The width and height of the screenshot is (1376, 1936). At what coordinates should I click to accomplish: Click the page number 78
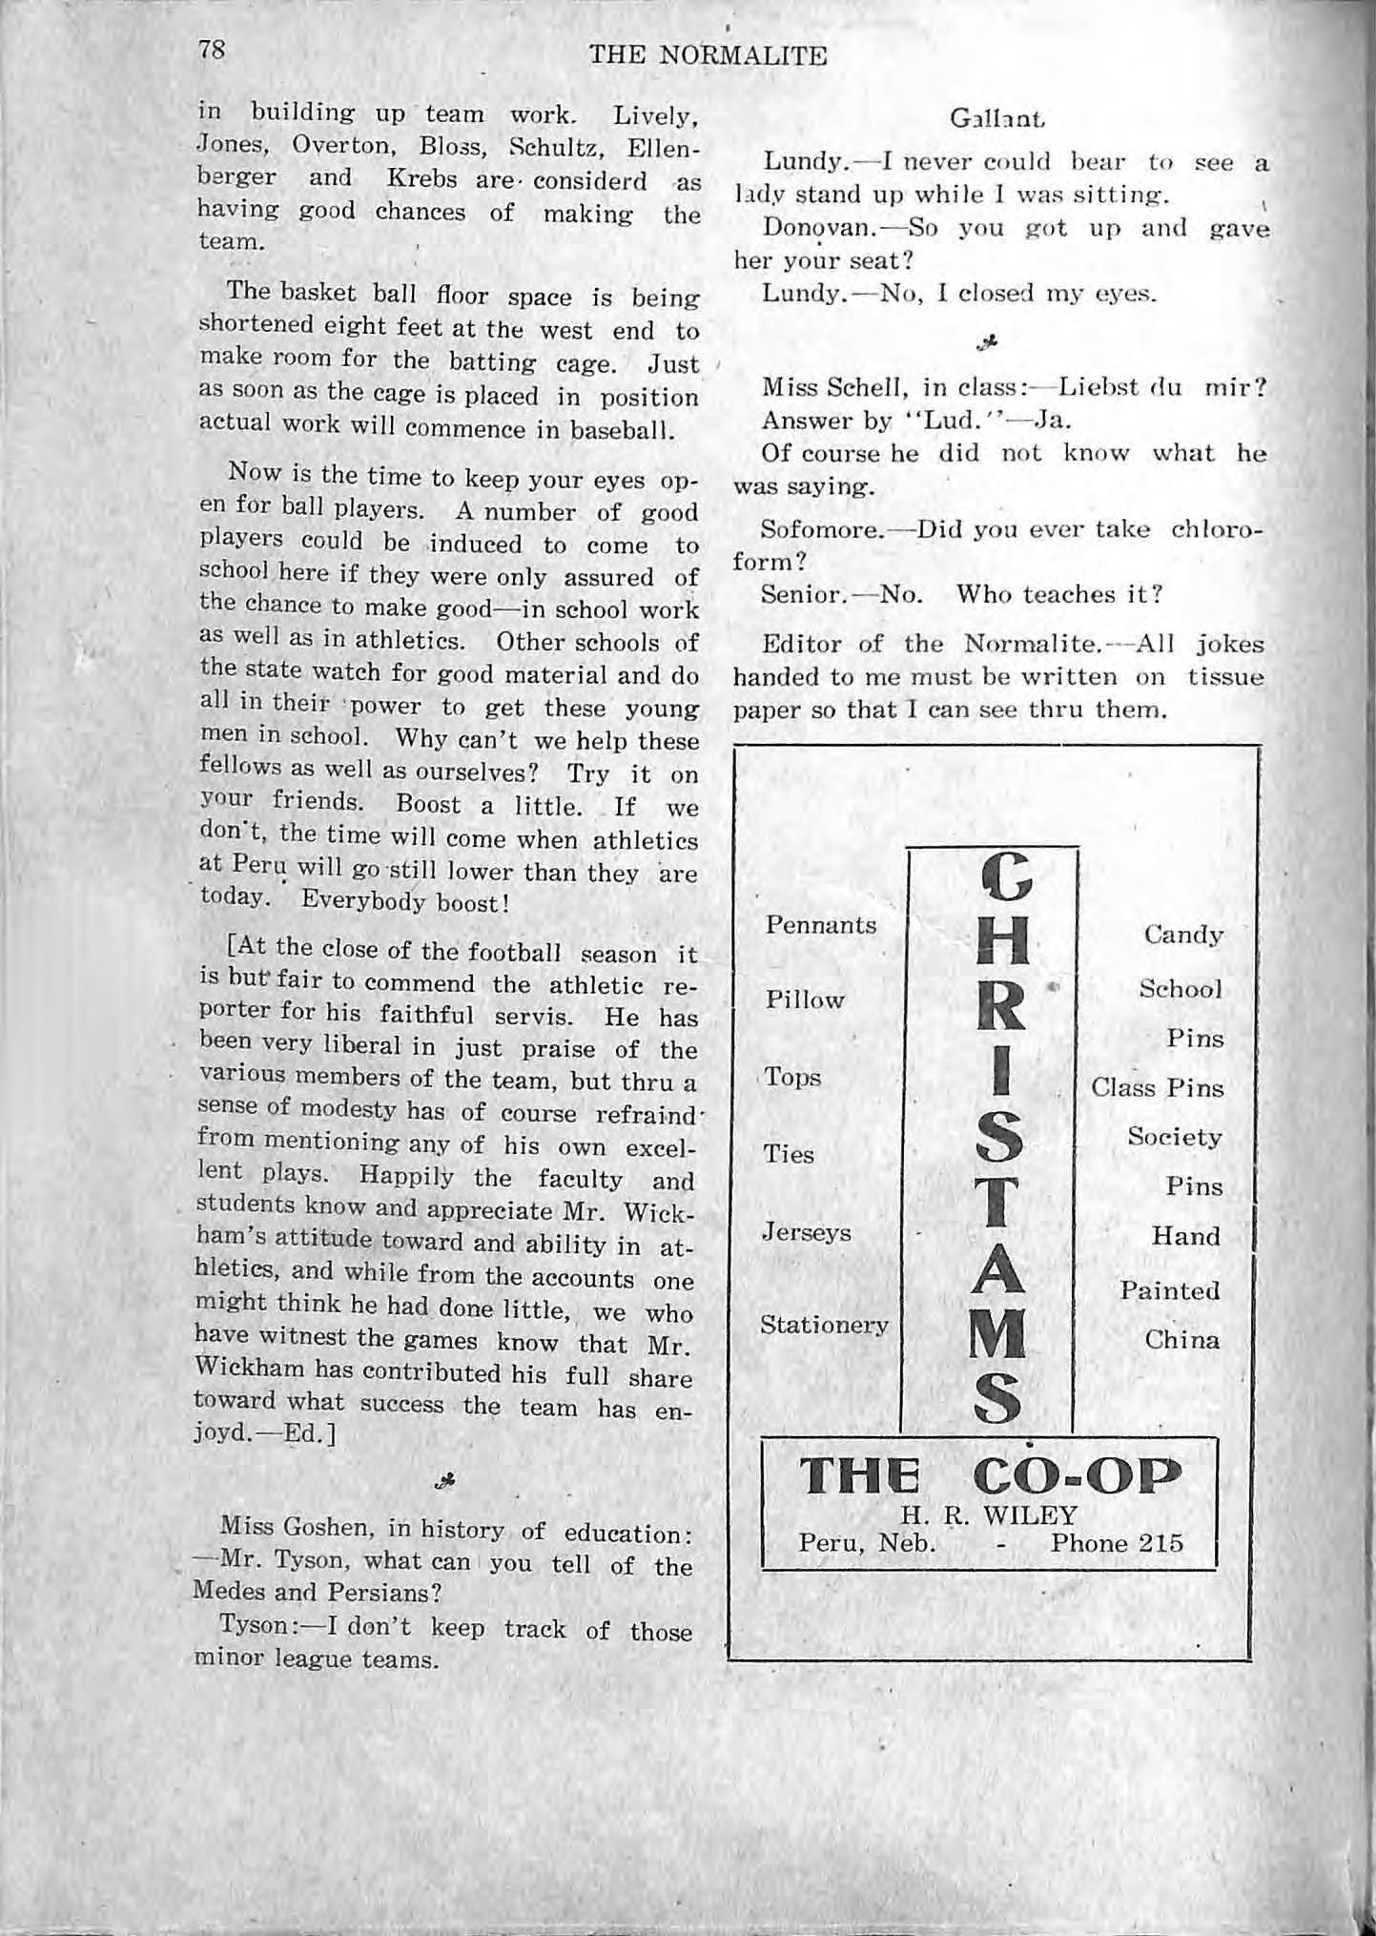point(212,50)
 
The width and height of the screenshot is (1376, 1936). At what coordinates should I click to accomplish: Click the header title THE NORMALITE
point(708,55)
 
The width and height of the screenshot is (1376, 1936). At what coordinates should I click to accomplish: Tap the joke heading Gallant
point(997,119)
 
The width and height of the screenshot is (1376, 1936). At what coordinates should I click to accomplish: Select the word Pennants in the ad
point(821,925)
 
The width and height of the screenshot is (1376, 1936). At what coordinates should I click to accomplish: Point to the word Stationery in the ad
point(824,1325)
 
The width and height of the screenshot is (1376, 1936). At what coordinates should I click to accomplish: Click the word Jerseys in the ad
point(807,1231)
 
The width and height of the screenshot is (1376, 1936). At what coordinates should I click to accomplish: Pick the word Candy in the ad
point(1183,935)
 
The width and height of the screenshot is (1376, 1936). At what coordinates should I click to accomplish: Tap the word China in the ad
point(1181,1340)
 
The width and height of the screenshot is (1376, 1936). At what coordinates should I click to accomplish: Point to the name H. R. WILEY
point(989,1515)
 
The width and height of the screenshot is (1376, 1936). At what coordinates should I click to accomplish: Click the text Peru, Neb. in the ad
point(867,1543)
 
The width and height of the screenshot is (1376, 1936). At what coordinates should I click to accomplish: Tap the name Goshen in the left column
point(330,1528)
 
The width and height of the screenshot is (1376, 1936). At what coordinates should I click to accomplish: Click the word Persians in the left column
point(384,1594)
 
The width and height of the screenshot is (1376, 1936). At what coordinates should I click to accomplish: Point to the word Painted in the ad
point(1169,1290)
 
